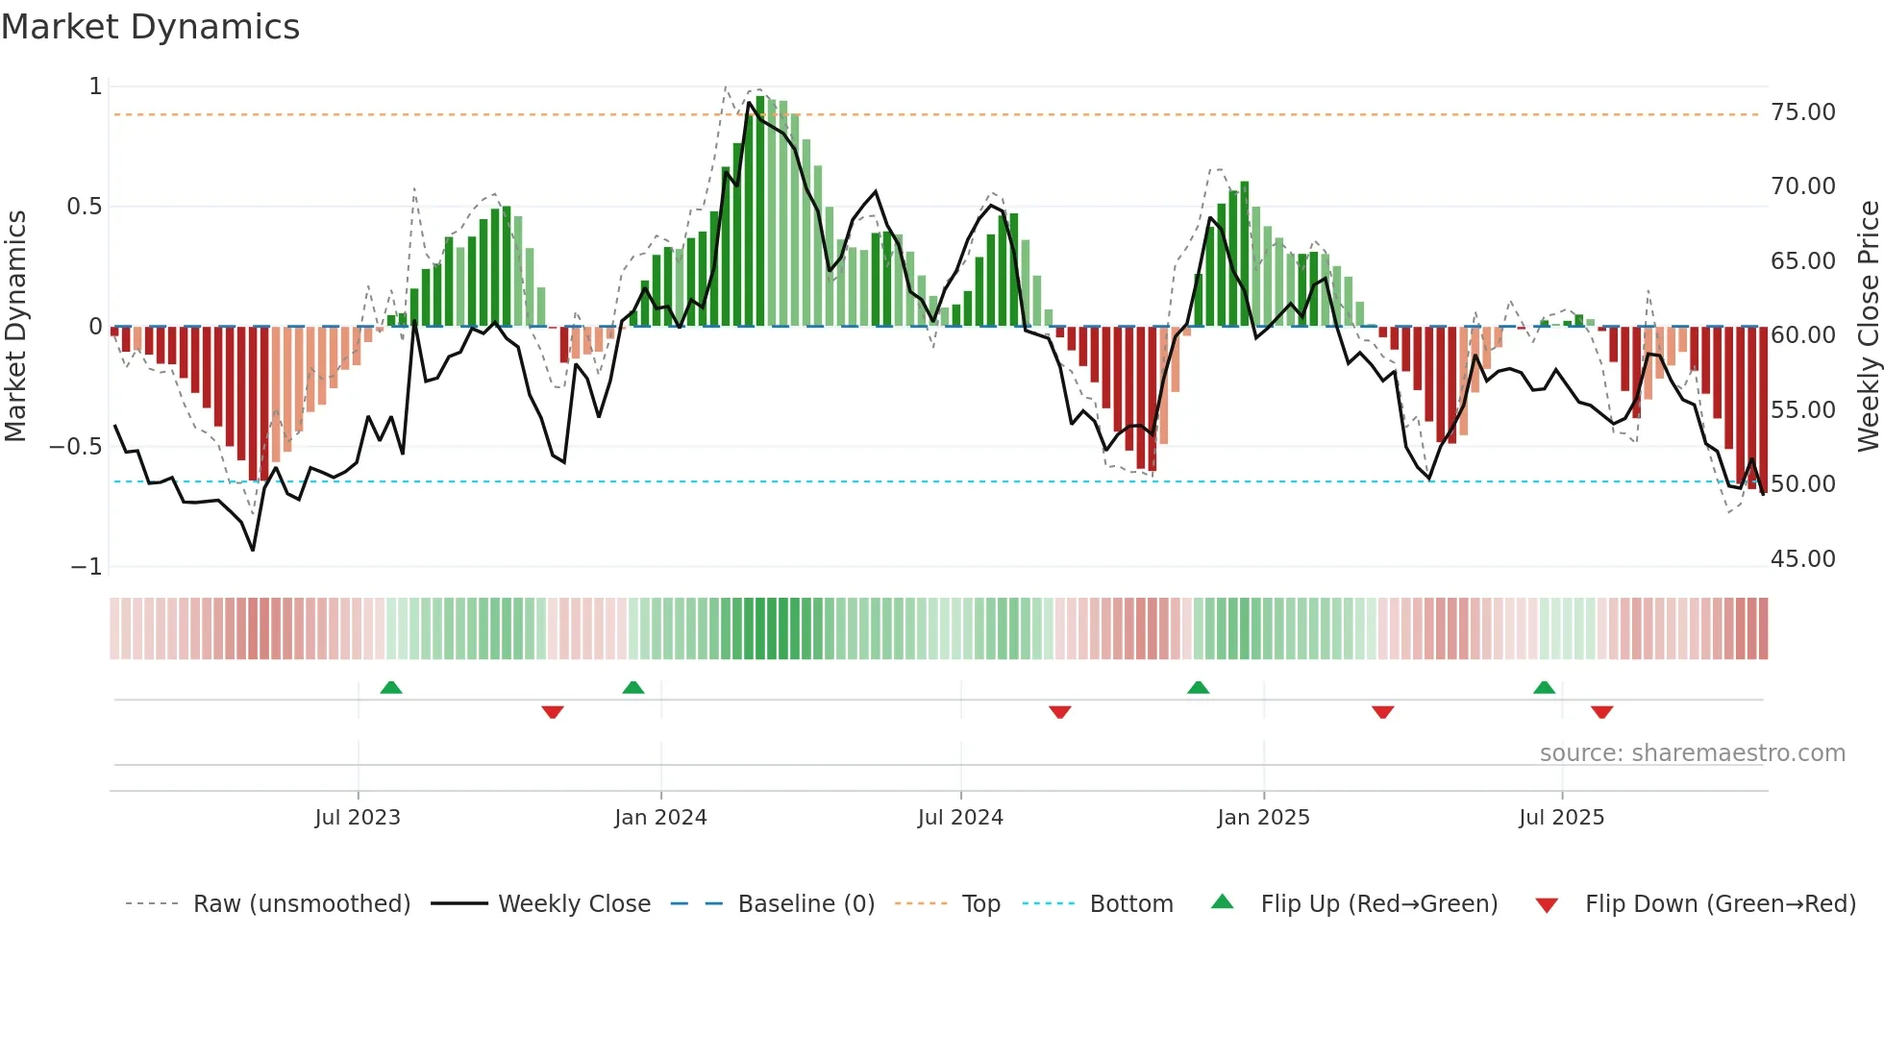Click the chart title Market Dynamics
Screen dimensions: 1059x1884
click(x=150, y=27)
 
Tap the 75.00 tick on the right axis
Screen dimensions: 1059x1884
click(x=1802, y=112)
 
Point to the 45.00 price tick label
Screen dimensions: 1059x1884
click(x=1802, y=559)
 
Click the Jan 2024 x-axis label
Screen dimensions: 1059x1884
click(x=660, y=818)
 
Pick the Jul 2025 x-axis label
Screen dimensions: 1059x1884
click(x=1561, y=818)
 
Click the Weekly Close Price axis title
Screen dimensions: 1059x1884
click(x=1868, y=327)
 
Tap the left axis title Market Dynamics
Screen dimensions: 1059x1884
click(x=15, y=327)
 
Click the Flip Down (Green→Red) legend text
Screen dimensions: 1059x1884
click(x=1720, y=904)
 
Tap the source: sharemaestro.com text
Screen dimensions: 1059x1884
click(x=1692, y=753)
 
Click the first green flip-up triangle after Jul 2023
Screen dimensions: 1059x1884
click(x=390, y=688)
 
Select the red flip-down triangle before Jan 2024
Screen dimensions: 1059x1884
click(x=553, y=712)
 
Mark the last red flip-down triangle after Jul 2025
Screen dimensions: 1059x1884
click(x=1601, y=712)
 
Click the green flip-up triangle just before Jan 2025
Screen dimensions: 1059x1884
click(x=1198, y=688)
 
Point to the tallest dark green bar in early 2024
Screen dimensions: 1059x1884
click(x=760, y=211)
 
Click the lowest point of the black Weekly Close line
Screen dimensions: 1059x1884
click(x=253, y=550)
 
